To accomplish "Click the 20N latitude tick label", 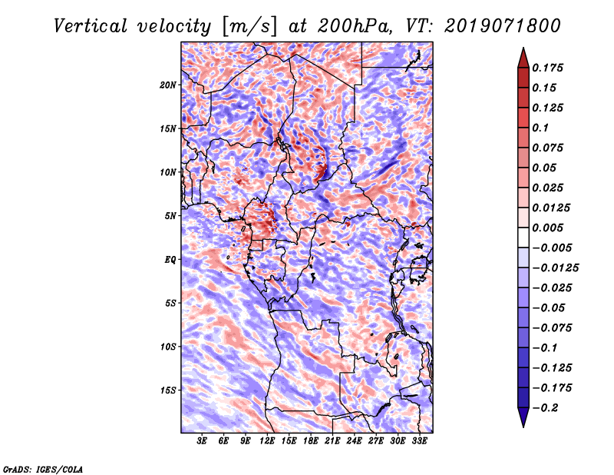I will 168,85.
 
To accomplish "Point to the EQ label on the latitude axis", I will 170,260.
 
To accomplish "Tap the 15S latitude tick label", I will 168,390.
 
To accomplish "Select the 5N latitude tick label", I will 170,216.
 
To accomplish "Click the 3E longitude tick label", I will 203,441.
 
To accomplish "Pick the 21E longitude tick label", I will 332,441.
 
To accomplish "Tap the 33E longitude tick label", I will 419,441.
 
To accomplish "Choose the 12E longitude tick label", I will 268,441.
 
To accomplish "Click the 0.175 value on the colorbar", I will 549,68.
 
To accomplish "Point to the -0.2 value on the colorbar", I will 546,408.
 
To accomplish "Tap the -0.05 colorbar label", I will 549,307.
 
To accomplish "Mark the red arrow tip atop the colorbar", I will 523,51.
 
